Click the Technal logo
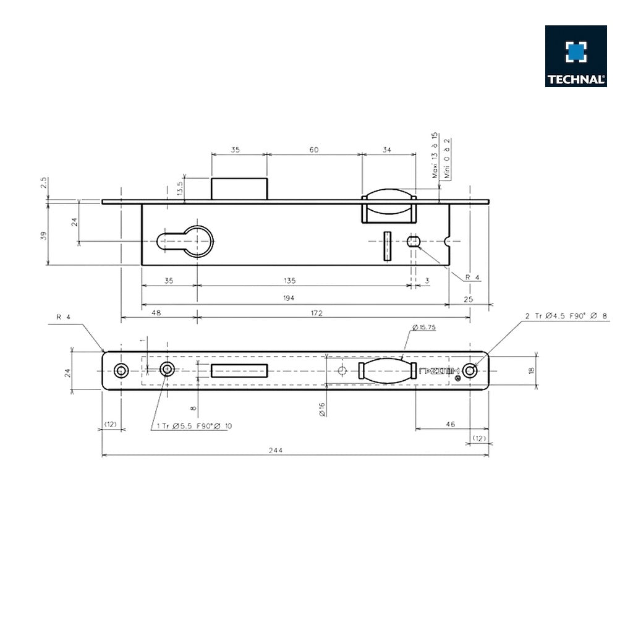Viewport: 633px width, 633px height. (576, 56)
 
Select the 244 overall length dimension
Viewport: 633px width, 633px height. (276, 450)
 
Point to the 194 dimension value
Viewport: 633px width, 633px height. (289, 298)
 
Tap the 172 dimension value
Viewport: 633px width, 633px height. (316, 313)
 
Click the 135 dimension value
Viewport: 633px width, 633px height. (289, 280)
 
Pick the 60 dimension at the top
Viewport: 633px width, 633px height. (314, 149)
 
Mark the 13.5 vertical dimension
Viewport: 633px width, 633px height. (180, 189)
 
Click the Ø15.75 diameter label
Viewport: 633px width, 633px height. (423, 328)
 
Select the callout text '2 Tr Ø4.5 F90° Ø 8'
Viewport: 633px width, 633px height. (566, 316)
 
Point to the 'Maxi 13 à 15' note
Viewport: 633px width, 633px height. (435, 155)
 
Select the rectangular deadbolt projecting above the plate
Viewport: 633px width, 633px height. (239, 188)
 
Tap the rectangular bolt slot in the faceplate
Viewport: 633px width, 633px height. (239, 370)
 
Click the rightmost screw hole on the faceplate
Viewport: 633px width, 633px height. (471, 370)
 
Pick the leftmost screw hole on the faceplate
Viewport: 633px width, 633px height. (121, 370)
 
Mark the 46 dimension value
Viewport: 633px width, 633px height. (450, 424)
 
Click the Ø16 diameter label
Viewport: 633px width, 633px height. (322, 409)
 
